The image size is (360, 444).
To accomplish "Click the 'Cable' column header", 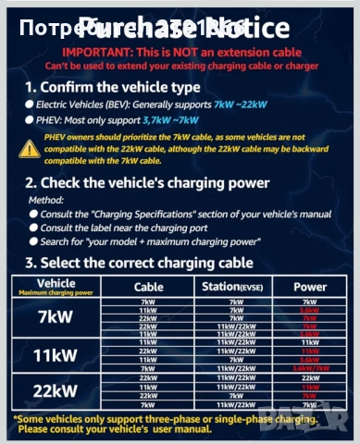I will click(148, 287).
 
